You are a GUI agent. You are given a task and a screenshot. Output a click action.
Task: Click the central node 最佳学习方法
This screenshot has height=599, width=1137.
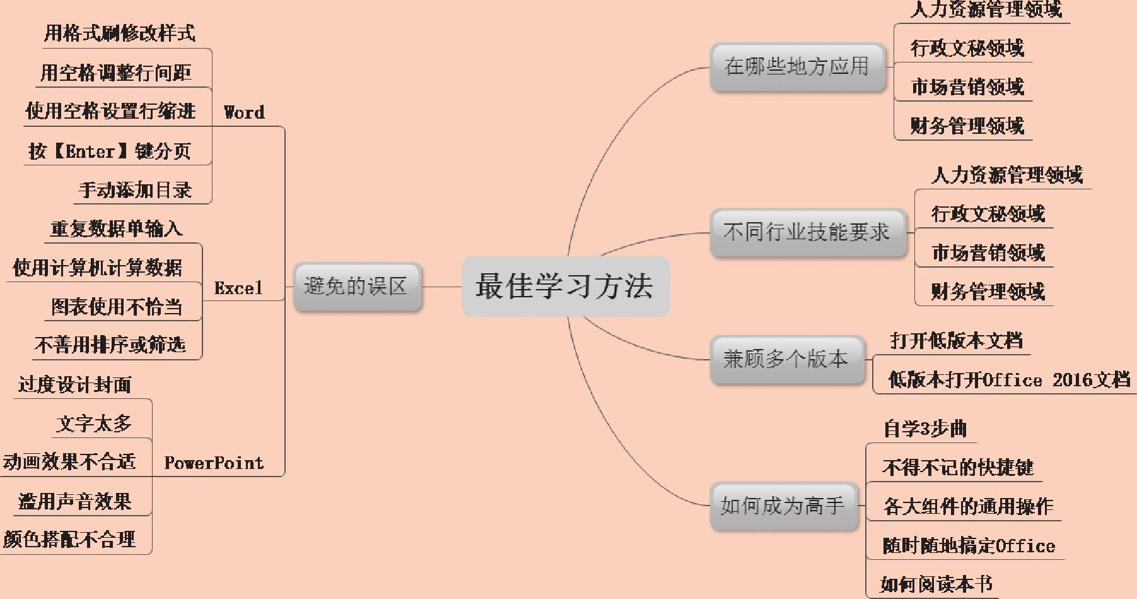click(x=565, y=286)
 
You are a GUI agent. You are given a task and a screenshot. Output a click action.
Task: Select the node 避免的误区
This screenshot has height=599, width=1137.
click(x=357, y=287)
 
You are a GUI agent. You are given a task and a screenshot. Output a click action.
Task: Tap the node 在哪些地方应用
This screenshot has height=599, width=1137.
click(x=797, y=67)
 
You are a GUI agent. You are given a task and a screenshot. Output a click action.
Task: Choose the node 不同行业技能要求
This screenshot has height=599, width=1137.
click(x=807, y=232)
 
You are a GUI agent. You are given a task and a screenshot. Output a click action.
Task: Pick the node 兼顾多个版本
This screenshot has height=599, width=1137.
click(x=786, y=359)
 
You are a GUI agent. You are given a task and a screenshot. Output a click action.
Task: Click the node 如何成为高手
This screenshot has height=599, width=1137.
click(x=783, y=506)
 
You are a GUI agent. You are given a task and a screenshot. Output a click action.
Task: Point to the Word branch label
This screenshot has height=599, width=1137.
click(x=244, y=113)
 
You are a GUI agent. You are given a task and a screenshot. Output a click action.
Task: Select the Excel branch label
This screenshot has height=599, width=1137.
click(x=238, y=288)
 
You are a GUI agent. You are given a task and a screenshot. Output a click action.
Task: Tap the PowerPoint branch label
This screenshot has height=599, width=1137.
click(x=214, y=463)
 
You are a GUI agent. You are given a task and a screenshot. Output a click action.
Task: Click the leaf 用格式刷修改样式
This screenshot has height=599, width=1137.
click(x=119, y=33)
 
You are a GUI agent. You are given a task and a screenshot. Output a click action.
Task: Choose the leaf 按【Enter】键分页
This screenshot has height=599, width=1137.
click(x=109, y=151)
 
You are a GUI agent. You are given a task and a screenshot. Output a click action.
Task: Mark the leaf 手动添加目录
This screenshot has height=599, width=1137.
click(x=135, y=190)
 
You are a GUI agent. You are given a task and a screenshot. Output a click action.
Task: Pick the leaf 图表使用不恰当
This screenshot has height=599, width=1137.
click(x=117, y=307)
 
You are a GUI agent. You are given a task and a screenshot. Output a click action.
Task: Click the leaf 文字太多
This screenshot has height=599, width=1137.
click(x=94, y=424)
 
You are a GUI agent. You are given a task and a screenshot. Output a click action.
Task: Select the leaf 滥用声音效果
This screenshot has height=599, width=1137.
click(x=75, y=502)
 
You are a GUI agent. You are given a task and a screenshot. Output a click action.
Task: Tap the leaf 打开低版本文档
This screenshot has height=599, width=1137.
click(x=956, y=341)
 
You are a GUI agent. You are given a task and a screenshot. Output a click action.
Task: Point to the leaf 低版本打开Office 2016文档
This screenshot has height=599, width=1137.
click(x=1009, y=380)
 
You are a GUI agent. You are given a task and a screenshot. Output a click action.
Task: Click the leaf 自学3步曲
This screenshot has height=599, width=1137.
click(x=924, y=429)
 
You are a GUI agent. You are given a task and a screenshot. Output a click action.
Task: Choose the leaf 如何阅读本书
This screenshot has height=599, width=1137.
click(x=936, y=584)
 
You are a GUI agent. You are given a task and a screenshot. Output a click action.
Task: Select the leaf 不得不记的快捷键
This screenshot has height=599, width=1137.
click(x=957, y=468)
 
